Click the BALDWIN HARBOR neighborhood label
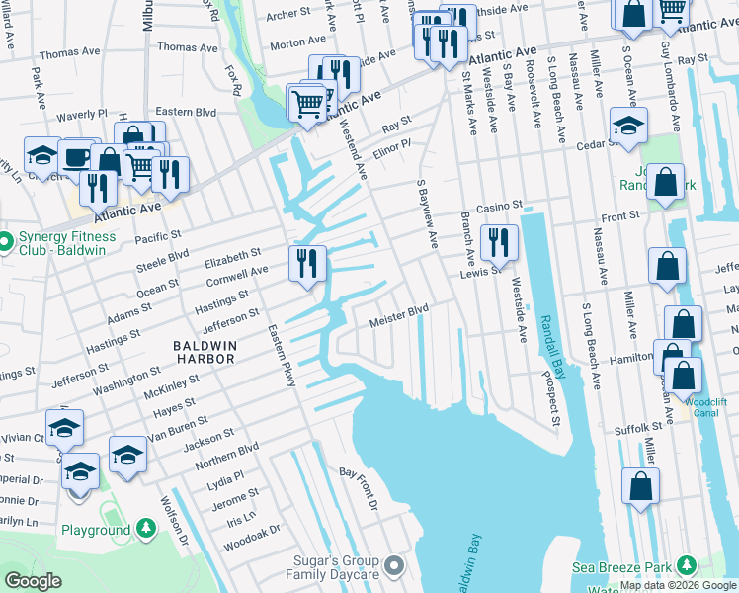pyautogui.click(x=204, y=351)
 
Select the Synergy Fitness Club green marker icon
pyautogui.click(x=7, y=240)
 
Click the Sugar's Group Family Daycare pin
pyautogui.click(x=394, y=564)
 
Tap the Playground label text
pyautogui.click(x=96, y=530)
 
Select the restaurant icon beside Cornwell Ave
pyautogui.click(x=307, y=263)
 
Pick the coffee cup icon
pyautogui.click(x=77, y=156)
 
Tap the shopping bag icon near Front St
pyautogui.click(x=668, y=182)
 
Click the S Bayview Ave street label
pyautogui.click(x=427, y=213)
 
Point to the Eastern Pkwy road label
pyautogui.click(x=282, y=357)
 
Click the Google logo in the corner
pyautogui.click(x=33, y=580)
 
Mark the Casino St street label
pyautogui.click(x=498, y=206)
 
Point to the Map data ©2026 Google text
pyautogui.click(x=678, y=585)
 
